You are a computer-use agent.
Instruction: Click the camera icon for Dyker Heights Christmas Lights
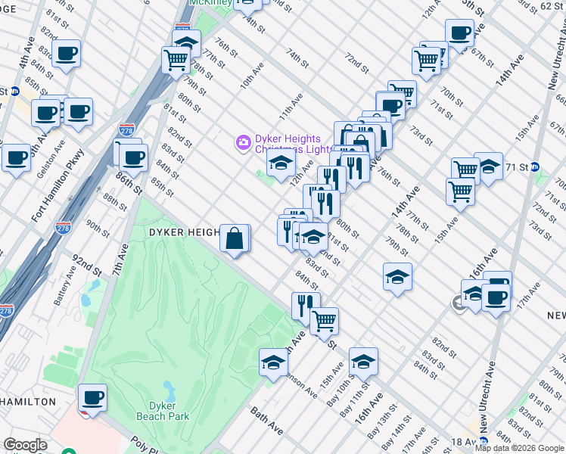click(243, 141)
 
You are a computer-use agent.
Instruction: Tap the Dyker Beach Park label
click(163, 411)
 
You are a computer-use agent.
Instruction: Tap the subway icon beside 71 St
click(534, 166)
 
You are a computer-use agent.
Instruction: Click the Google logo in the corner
click(25, 445)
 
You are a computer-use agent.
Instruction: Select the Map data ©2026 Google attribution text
click(519, 448)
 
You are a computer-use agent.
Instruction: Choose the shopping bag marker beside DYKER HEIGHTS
click(235, 238)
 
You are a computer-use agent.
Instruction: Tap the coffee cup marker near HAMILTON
click(92, 397)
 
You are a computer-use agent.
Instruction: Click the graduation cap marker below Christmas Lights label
click(280, 164)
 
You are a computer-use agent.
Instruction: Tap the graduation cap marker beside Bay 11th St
click(363, 362)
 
